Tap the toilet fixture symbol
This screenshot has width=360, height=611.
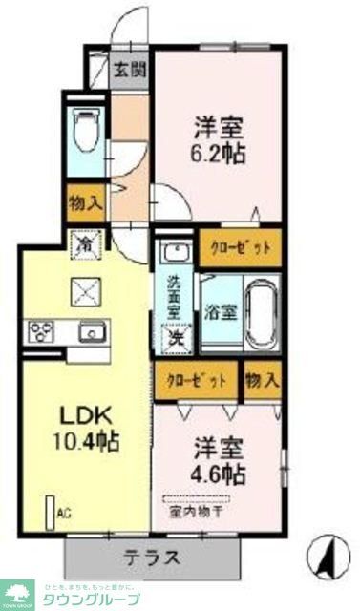87,132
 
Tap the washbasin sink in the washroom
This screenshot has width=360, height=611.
175,254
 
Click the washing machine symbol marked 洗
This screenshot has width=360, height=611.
176,337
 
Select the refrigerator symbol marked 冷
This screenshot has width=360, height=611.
85,244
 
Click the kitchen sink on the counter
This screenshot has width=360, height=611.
93,331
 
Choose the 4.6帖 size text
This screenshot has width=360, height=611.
219,472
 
